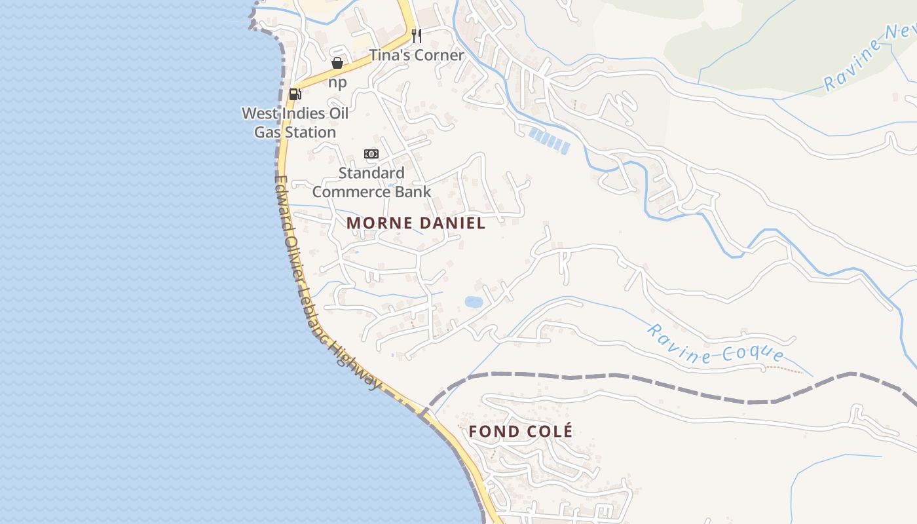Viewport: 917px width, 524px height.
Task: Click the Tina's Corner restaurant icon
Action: point(416,35)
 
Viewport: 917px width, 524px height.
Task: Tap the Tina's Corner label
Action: point(417,55)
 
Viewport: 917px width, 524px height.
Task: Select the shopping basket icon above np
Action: point(337,63)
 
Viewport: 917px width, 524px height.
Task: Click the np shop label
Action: point(337,83)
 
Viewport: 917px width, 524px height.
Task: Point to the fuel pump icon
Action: point(295,94)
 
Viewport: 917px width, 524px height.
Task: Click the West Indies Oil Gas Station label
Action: point(295,122)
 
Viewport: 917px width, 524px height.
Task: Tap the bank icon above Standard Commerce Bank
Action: point(371,154)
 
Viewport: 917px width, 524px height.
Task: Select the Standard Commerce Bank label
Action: point(371,182)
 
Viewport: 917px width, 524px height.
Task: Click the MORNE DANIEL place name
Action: point(416,223)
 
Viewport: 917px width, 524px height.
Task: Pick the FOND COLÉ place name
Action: point(521,431)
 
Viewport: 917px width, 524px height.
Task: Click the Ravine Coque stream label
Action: point(715,343)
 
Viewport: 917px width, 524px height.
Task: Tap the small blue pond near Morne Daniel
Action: point(474,302)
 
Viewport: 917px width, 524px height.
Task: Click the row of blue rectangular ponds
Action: point(549,141)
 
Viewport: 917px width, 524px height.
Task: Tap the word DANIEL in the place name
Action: point(452,223)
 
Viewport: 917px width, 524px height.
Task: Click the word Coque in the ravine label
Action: point(753,354)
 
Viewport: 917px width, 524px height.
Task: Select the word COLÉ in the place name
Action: point(548,431)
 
